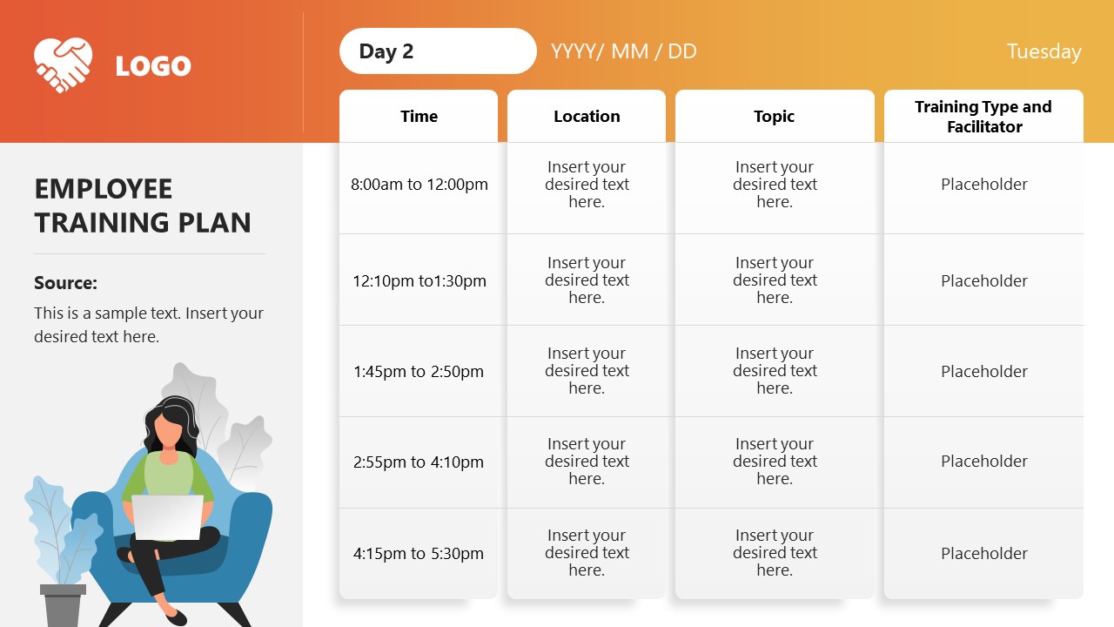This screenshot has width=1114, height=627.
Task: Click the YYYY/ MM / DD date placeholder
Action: (x=624, y=51)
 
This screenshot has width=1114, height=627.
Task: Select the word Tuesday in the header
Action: (x=1044, y=51)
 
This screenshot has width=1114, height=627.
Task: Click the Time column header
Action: (x=419, y=116)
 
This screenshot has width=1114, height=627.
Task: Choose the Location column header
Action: (x=587, y=116)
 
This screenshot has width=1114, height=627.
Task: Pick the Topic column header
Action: (x=775, y=116)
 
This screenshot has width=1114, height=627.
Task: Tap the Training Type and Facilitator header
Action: (x=983, y=117)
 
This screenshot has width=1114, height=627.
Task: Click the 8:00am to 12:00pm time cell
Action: (x=419, y=184)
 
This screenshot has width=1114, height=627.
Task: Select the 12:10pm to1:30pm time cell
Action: (x=419, y=280)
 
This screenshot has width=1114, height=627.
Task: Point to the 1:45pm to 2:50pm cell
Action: (x=419, y=371)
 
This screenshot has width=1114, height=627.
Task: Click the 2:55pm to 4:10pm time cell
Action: (x=419, y=462)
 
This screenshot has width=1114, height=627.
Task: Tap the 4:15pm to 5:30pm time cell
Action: (x=419, y=553)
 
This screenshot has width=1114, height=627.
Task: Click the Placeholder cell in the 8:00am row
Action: (x=983, y=184)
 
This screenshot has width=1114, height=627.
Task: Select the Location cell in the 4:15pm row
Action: (x=587, y=552)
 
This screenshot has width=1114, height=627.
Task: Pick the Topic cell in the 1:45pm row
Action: (x=775, y=370)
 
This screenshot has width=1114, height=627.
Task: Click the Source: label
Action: (x=65, y=283)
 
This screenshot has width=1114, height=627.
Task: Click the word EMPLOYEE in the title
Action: (x=104, y=189)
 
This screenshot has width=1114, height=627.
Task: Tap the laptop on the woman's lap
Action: (x=168, y=517)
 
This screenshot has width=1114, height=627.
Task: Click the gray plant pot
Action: (x=63, y=605)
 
